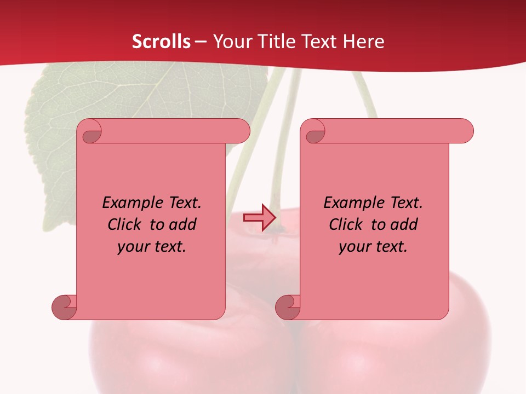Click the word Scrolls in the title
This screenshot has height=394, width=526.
(x=161, y=42)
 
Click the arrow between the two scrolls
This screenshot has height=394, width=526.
(x=259, y=218)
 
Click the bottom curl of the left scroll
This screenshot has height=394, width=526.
(x=64, y=307)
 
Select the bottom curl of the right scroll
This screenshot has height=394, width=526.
(x=288, y=307)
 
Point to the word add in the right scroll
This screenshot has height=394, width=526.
(x=404, y=225)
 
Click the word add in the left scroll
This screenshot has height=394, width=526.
(x=183, y=225)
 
